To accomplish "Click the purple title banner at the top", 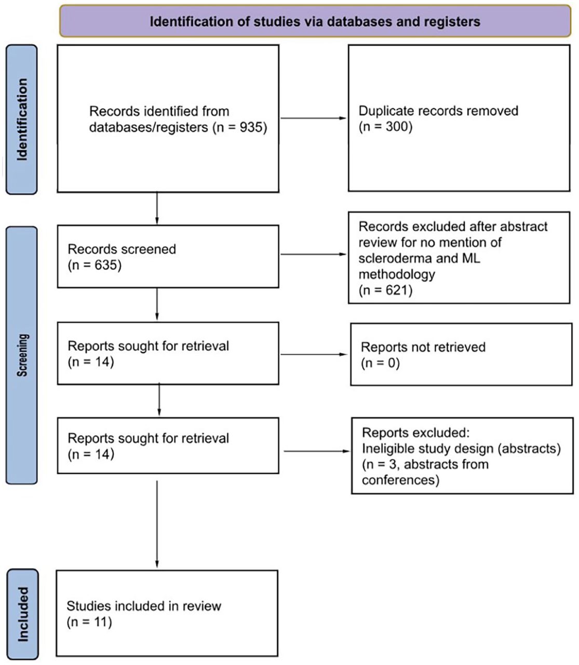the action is [315, 21].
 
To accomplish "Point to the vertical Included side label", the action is [23, 614].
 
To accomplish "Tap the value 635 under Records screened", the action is [105, 265].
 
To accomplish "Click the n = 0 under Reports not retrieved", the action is [380, 363].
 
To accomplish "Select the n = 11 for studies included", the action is [89, 622].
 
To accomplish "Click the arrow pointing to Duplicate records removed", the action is [313, 118].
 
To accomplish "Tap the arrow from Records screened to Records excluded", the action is [313, 254].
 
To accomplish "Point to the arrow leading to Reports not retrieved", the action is [314, 354].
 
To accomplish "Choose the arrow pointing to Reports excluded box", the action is [317, 451].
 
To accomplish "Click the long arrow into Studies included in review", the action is [157, 524].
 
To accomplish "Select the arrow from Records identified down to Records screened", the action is [157, 208].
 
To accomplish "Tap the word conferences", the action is [399, 480].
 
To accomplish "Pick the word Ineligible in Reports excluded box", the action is [386, 449].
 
